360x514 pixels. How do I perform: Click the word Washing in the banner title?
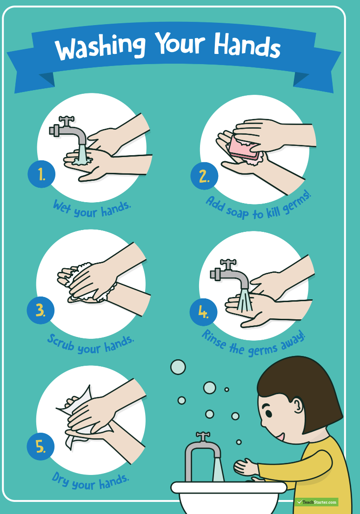[x=100, y=46]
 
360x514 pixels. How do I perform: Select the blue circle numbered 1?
[x=41, y=174]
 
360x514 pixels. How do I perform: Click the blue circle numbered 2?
[x=204, y=176]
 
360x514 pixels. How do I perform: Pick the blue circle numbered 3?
[x=40, y=310]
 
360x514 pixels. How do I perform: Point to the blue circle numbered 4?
[x=203, y=312]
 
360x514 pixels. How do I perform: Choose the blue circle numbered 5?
[x=40, y=447]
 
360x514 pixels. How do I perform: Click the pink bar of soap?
[x=243, y=148]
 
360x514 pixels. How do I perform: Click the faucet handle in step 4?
[x=228, y=264]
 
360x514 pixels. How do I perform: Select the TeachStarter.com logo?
[x=316, y=502]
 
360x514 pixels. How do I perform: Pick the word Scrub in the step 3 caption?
[x=61, y=343]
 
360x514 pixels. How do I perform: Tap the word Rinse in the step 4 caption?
[x=213, y=340]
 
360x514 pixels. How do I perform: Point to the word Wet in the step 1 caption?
[x=62, y=206]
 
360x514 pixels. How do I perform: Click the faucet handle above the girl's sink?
[x=203, y=436]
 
